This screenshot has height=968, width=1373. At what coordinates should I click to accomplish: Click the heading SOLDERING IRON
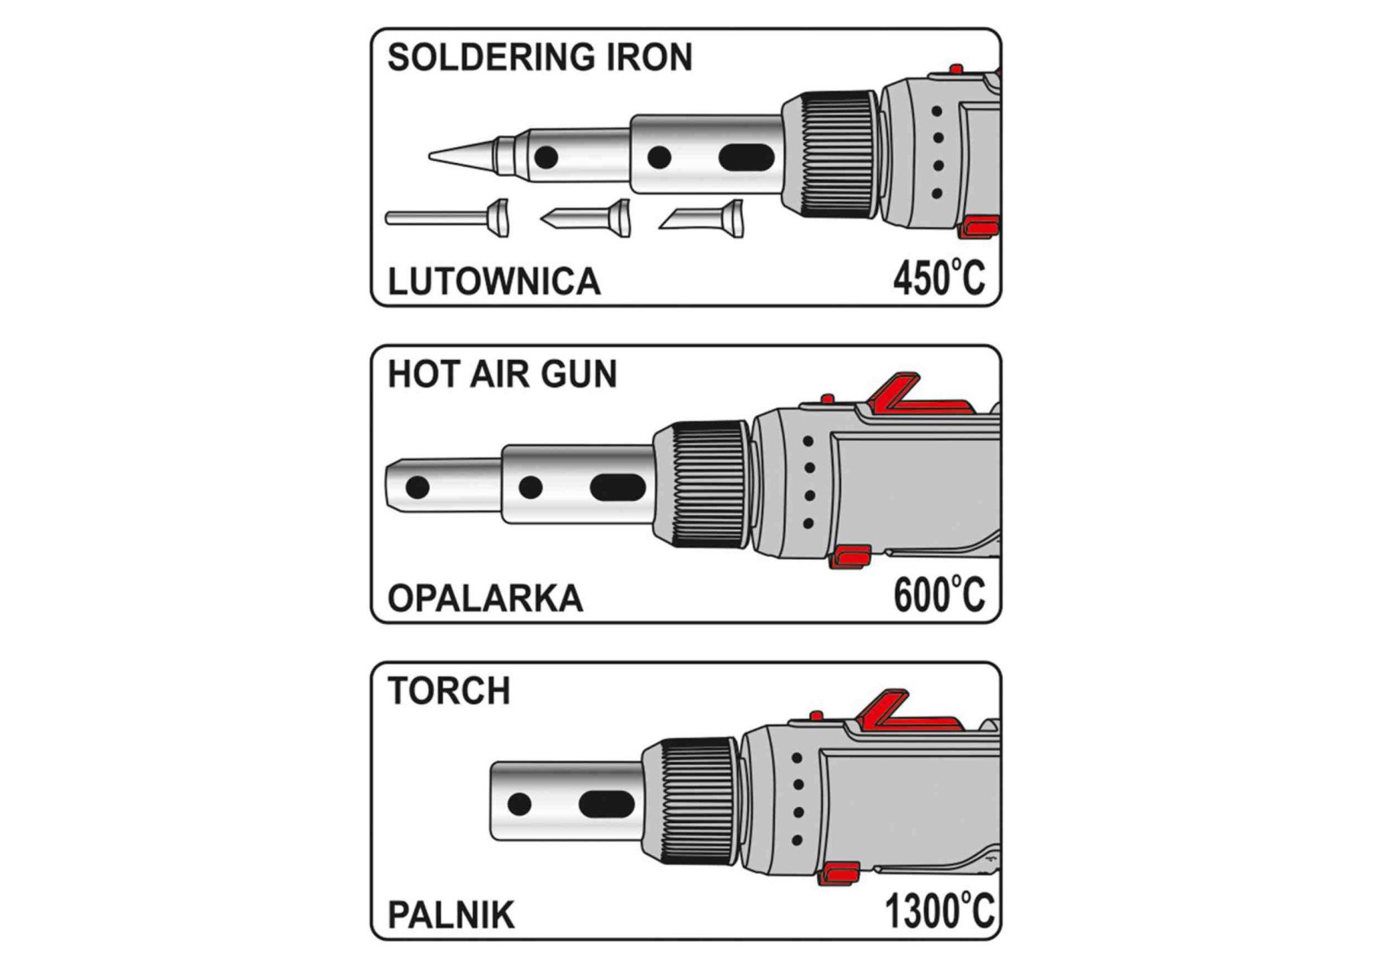tap(539, 58)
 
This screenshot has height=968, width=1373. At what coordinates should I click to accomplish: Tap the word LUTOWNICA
tap(494, 281)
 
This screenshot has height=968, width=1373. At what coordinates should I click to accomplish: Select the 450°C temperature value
tap(939, 278)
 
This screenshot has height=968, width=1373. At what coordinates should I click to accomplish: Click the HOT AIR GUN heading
tap(502, 375)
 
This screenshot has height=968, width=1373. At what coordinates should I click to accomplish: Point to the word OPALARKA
tap(485, 598)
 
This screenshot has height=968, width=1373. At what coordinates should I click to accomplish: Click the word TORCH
tap(449, 691)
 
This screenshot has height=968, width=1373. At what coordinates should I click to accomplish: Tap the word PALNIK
tap(451, 915)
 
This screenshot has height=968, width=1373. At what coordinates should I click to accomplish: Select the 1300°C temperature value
tap(939, 911)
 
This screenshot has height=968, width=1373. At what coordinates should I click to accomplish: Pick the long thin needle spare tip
tap(446, 218)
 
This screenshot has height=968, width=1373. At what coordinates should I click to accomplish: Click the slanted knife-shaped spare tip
tap(702, 219)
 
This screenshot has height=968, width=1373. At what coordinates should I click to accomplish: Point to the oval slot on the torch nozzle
tap(606, 804)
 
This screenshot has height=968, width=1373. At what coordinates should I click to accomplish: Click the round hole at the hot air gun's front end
tap(417, 487)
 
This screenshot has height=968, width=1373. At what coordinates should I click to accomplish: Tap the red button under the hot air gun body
tap(850, 558)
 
